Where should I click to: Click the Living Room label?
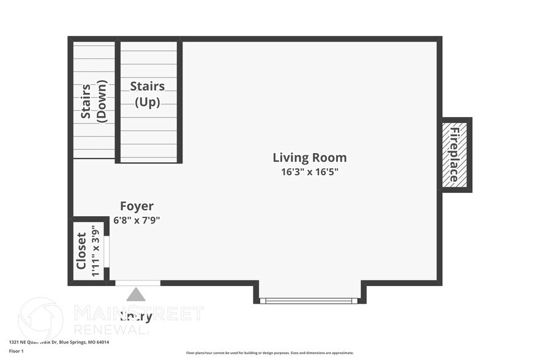[x=309, y=157]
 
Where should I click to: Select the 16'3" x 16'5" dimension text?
[x=309, y=172]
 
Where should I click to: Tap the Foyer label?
[x=137, y=206]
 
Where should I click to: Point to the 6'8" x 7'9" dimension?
[x=137, y=220]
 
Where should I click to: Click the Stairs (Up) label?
[x=148, y=94]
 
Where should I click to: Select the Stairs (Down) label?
[x=94, y=102]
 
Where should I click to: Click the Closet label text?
[x=81, y=251]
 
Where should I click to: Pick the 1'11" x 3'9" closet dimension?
[x=95, y=251]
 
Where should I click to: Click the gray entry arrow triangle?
[x=136, y=295]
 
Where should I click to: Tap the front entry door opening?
[x=138, y=283]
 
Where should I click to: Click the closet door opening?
[x=107, y=251]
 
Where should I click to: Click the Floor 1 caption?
[x=16, y=351]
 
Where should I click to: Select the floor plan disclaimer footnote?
[x=269, y=353]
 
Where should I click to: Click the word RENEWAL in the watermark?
[x=111, y=329]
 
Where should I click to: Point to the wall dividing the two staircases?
[x=118, y=101]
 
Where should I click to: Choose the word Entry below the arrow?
[x=135, y=317]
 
